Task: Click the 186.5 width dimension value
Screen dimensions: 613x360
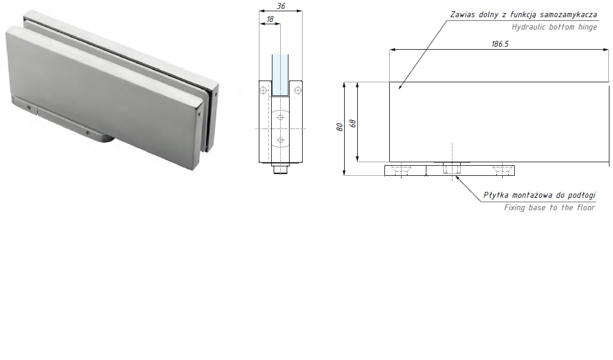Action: pos(500,44)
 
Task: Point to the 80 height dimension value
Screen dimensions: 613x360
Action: pos(339,127)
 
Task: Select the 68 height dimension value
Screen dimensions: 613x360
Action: pos(352,124)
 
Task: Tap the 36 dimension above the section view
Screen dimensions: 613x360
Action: pos(281,7)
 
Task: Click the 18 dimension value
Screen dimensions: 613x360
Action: pos(270,19)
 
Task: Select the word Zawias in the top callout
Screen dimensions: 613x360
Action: pos(463,15)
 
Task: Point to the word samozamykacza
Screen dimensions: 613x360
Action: pos(569,15)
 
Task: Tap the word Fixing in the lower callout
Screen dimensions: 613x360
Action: pos(515,208)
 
